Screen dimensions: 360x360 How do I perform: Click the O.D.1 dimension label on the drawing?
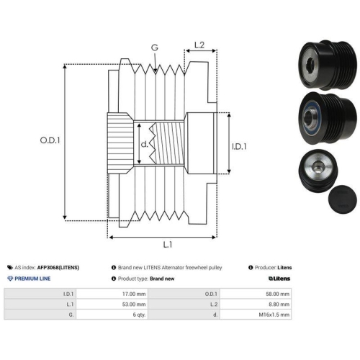50,140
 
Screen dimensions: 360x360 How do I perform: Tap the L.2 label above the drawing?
199,45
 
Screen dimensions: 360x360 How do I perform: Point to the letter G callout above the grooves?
155,48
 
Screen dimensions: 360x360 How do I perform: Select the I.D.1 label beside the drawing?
239,146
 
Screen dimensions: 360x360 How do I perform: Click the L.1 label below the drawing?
168,245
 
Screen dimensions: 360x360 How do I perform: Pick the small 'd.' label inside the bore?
144,144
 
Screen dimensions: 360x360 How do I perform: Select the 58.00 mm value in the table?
277,294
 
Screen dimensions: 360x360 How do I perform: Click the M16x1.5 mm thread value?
274,315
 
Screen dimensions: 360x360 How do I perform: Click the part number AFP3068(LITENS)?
58,267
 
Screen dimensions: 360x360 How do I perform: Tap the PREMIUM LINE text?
32,279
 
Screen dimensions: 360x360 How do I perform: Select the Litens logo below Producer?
279,279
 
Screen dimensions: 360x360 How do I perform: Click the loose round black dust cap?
342,199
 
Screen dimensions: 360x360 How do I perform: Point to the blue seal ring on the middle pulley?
304,117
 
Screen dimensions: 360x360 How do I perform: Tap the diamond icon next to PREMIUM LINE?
10,279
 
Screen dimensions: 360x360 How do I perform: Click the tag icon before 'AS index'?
10,267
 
